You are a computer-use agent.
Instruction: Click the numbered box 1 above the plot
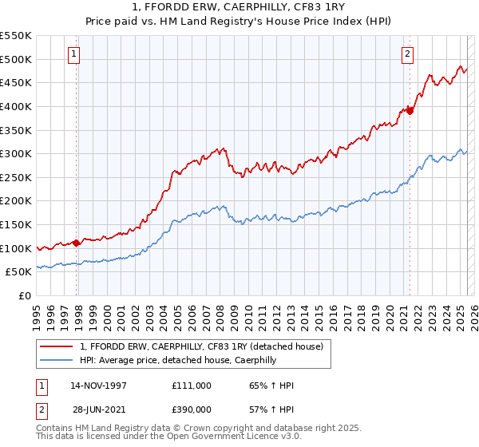pyautogui.click(x=73, y=54)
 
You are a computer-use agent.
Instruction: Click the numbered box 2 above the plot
pyautogui.click(x=407, y=54)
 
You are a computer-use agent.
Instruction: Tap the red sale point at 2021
pyautogui.click(x=410, y=111)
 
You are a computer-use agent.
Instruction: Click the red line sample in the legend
pyautogui.click(x=57, y=346)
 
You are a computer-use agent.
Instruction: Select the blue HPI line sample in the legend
pyautogui.click(x=57, y=361)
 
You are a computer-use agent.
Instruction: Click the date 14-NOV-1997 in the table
pyautogui.click(x=99, y=386)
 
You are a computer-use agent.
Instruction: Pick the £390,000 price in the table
pyautogui.click(x=191, y=409)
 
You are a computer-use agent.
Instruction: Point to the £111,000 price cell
pyautogui.click(x=191, y=386)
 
